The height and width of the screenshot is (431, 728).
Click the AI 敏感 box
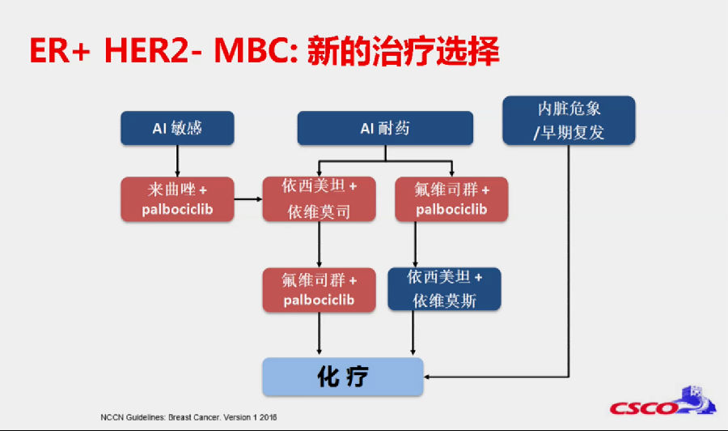click(177, 128)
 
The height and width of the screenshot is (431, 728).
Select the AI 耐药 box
click(385, 128)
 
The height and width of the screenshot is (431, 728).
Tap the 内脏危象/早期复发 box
click(569, 121)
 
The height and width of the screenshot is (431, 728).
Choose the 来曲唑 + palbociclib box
click(177, 199)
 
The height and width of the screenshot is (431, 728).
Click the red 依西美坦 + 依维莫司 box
click(319, 199)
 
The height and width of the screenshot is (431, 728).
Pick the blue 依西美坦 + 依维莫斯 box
click(444, 288)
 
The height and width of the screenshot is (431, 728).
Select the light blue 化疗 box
click(343, 377)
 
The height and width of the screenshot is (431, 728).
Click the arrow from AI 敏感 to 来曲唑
click(177, 161)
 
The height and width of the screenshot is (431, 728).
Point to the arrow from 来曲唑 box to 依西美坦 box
click(248, 199)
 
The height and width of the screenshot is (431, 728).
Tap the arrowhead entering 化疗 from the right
click(427, 377)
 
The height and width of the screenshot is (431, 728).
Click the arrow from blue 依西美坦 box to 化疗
click(413, 333)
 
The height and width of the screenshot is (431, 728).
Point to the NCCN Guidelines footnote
click(188, 417)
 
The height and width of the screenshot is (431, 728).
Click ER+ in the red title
click(60, 50)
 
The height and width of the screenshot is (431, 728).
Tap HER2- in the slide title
click(153, 50)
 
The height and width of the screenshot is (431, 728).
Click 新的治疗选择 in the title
click(403, 50)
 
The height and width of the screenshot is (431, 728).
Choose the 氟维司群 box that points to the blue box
click(451, 199)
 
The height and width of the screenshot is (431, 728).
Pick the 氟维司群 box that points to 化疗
click(319, 290)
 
